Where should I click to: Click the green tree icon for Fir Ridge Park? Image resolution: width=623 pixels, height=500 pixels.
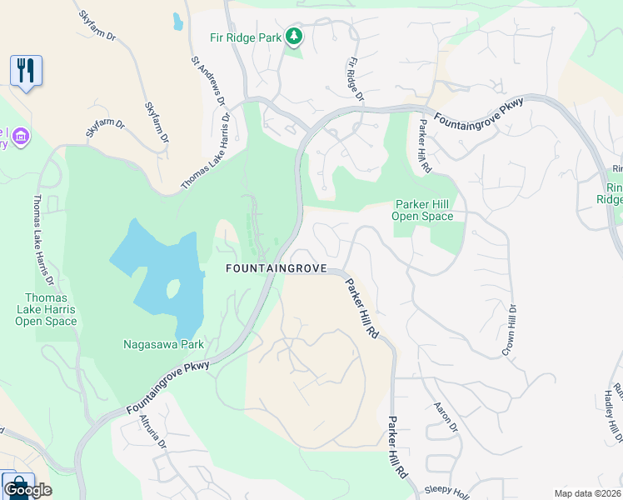[x=293, y=36]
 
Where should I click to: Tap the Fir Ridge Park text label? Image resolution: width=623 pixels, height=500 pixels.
[x=246, y=37]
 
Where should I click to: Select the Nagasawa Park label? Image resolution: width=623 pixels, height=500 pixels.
[x=163, y=343]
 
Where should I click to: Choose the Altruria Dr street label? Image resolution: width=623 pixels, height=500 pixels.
[x=152, y=432]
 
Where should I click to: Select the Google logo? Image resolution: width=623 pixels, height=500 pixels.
[x=27, y=490]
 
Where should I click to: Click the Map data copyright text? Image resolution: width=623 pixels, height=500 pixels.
[x=588, y=492]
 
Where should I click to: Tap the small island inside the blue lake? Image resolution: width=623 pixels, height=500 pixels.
[x=173, y=289]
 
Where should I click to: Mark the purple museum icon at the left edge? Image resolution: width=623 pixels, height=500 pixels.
[x=21, y=134]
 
